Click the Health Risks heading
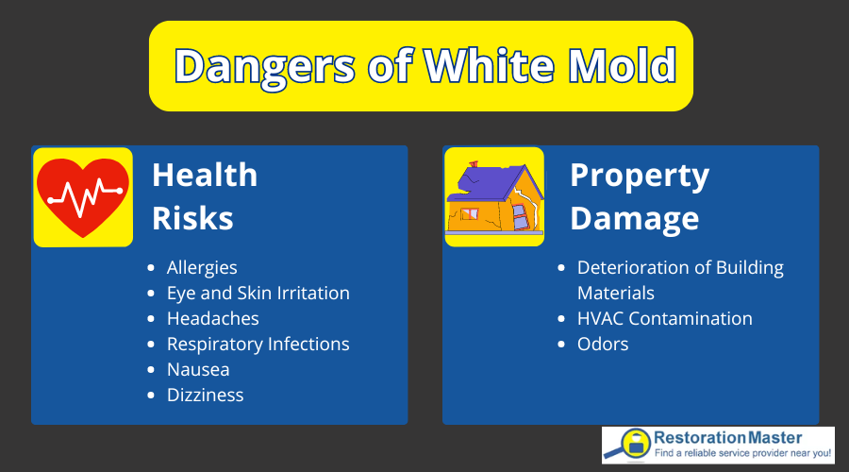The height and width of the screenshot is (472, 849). click(x=204, y=195)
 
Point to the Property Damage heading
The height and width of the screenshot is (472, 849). click(x=639, y=196)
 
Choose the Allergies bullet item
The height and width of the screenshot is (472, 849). click(x=202, y=267)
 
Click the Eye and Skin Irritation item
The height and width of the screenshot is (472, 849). click(x=258, y=293)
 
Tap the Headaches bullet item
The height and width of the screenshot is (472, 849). click(x=212, y=318)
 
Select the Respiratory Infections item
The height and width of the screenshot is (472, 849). click(x=258, y=344)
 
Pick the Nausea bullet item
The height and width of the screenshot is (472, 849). click(x=198, y=369)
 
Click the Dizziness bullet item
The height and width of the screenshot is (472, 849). click(x=205, y=395)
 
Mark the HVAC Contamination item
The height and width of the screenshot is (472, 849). click(x=664, y=318)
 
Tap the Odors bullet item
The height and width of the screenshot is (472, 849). click(x=603, y=344)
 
